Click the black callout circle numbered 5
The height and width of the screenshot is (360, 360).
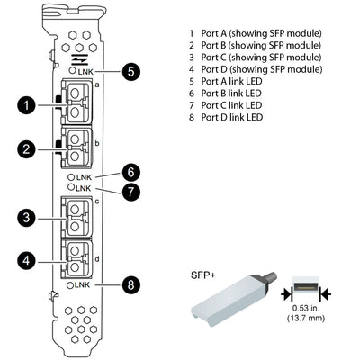click(131, 71)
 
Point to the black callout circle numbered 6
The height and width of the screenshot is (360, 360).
click(131, 170)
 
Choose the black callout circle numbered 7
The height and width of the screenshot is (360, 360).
click(131, 192)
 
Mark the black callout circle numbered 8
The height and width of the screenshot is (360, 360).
click(131, 285)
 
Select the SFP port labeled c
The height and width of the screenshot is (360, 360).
click(76, 216)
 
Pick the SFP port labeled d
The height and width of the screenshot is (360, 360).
click(76, 259)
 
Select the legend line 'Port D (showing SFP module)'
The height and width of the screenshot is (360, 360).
click(255, 69)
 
